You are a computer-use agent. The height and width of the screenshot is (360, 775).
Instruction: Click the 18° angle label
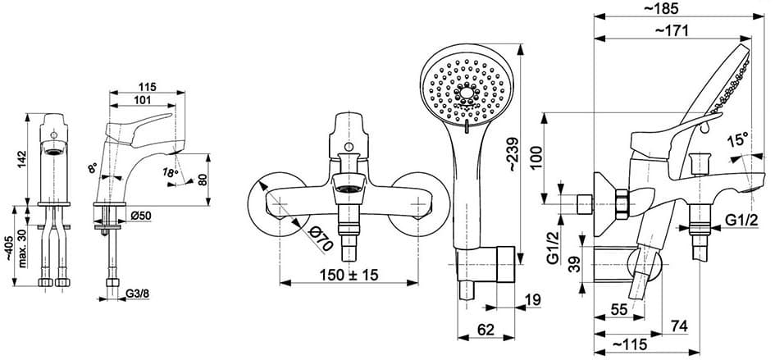point(170,172)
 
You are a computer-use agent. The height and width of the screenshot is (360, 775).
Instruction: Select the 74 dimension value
point(677,326)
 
